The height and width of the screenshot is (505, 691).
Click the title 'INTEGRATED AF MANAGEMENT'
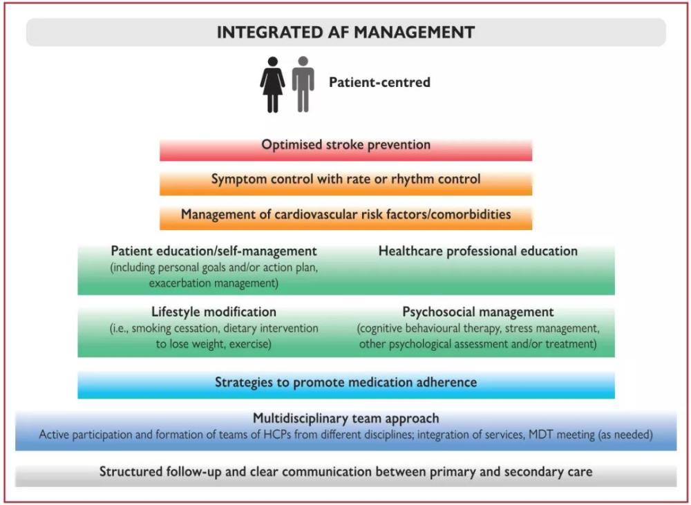pos(345,32)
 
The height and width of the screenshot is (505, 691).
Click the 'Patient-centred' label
pos(379,82)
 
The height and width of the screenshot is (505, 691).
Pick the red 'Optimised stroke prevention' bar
pos(345,145)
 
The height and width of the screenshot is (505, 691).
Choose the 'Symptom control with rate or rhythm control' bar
pos(345,180)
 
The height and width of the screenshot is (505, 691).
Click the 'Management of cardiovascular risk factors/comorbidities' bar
pos(345,214)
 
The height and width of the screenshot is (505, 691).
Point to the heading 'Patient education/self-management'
pos(214,251)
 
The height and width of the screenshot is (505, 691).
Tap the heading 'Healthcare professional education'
pos(477,251)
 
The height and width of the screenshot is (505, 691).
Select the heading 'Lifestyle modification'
pos(214,312)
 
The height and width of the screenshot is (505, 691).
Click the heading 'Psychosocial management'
pos(477,312)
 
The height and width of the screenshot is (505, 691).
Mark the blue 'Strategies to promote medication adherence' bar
pos(345,382)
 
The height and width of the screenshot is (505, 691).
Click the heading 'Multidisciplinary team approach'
pos(345,419)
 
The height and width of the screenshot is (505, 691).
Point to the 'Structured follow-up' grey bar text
pos(345,473)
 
